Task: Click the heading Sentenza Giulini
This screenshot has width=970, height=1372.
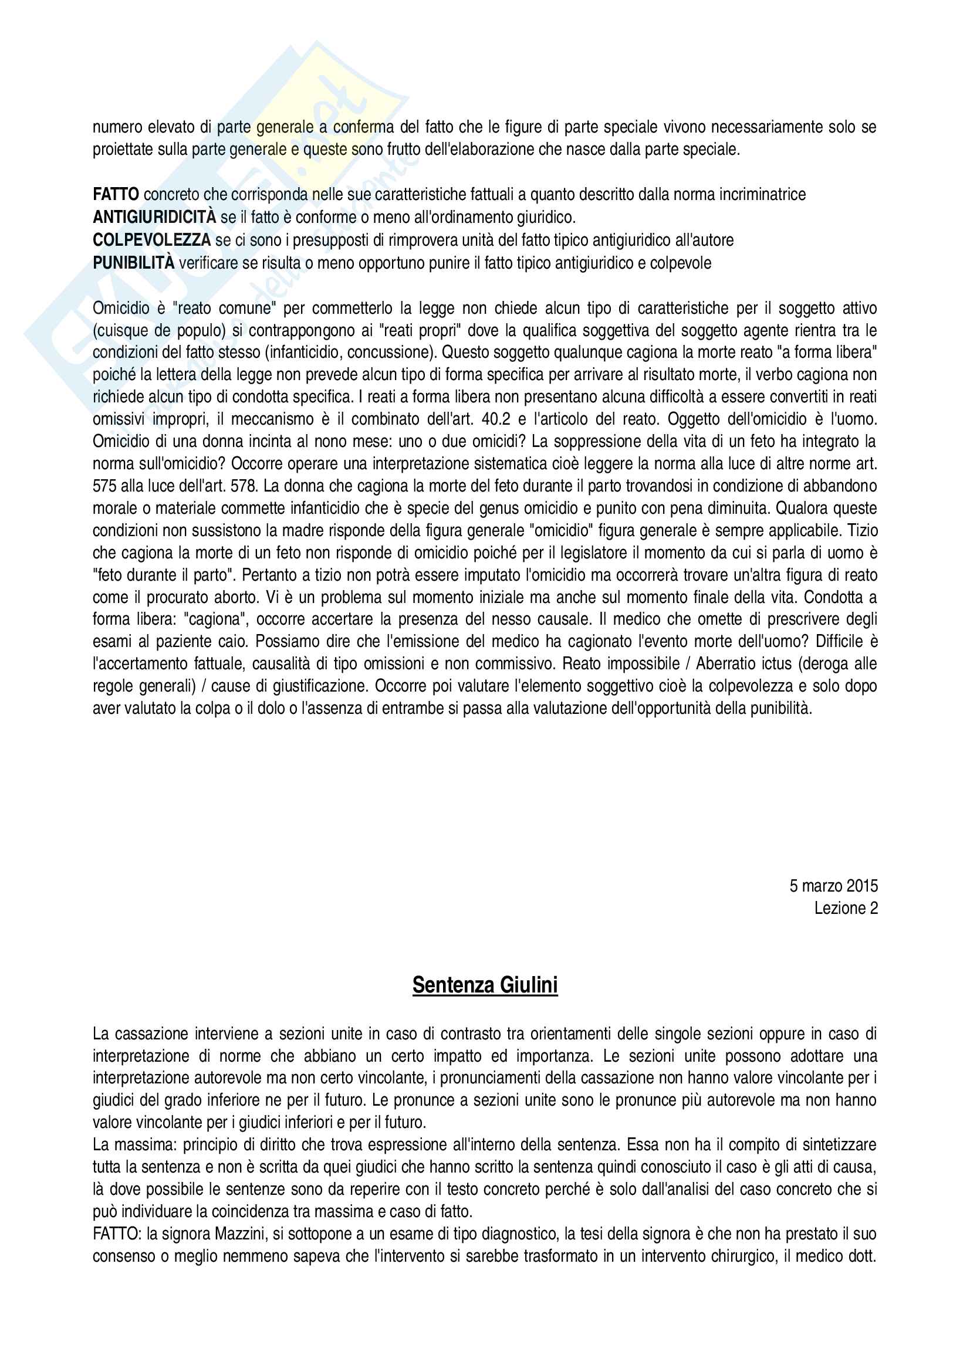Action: (x=485, y=985)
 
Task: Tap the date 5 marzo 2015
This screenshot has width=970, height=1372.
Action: (x=833, y=886)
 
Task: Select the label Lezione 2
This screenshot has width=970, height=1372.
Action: (x=846, y=908)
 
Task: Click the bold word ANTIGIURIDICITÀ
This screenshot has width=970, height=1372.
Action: (x=154, y=218)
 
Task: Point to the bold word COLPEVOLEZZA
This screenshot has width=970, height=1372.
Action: (x=152, y=240)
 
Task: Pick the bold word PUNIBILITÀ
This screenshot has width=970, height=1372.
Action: (x=134, y=263)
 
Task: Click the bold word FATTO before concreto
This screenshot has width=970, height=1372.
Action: (x=116, y=195)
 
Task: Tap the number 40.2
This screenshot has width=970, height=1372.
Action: (x=495, y=419)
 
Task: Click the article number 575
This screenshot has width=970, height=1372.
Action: (x=104, y=486)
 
